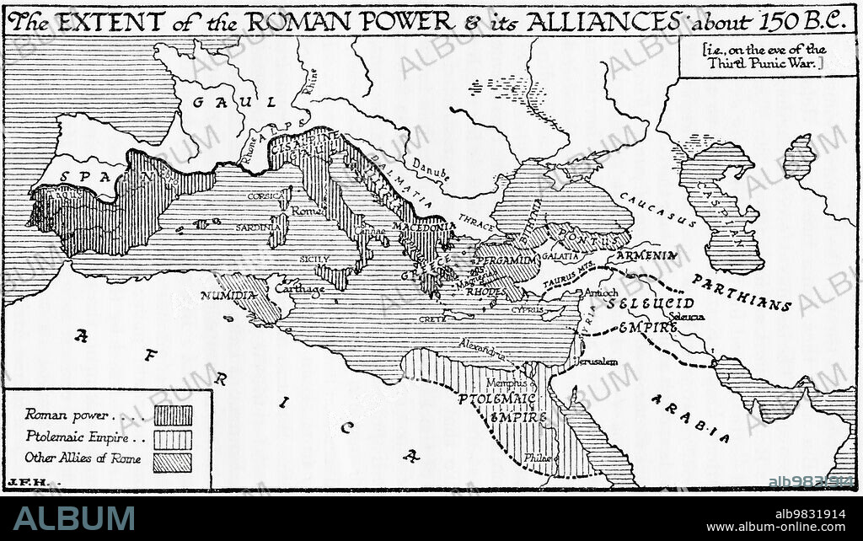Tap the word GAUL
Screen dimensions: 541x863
click(233, 102)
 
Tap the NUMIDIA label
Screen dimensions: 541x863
click(228, 296)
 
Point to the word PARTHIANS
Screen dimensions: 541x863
click(742, 292)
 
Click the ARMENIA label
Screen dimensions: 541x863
click(647, 254)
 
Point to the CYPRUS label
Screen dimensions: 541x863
click(528, 309)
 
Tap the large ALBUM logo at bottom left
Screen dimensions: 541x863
click(73, 518)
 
